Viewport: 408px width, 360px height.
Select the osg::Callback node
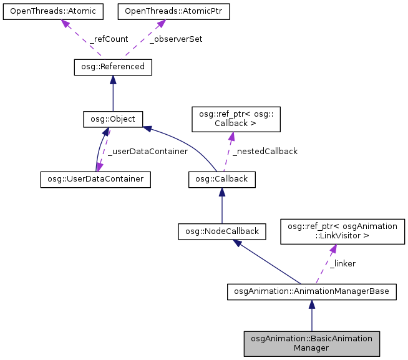click(x=222, y=178)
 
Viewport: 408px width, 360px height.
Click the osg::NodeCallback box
click(x=222, y=231)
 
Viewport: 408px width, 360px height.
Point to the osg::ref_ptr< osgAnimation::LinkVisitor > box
click(x=342, y=231)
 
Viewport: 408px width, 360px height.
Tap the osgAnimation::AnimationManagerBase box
click(x=311, y=291)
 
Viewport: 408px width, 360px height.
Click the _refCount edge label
click(x=109, y=39)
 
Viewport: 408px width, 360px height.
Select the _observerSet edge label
click(x=176, y=39)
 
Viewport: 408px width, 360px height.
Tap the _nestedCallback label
click(x=265, y=151)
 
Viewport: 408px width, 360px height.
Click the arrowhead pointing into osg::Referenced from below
click(x=112, y=79)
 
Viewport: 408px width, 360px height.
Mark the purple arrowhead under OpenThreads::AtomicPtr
click(x=161, y=24)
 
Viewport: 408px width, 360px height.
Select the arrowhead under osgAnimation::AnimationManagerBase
click(x=311, y=304)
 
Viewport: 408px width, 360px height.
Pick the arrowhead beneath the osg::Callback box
click(x=222, y=192)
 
